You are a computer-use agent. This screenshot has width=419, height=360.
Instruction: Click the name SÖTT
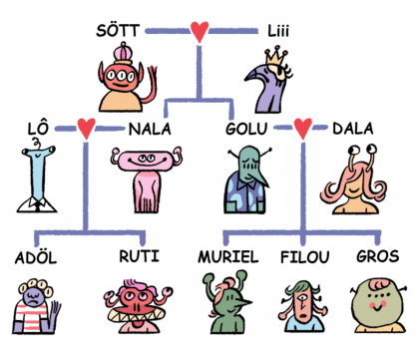(118, 30)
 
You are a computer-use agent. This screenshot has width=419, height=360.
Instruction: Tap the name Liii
(278, 31)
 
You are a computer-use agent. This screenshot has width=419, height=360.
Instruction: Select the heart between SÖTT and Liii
(200, 32)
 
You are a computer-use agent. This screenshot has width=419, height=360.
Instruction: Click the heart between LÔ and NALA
(87, 129)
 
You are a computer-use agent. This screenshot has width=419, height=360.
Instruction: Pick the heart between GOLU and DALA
(303, 129)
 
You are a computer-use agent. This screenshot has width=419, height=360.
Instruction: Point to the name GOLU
(246, 129)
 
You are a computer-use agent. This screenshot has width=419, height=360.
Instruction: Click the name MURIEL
(228, 257)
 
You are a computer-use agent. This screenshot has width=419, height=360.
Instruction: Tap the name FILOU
(305, 257)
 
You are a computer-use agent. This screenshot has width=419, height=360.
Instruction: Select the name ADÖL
(36, 257)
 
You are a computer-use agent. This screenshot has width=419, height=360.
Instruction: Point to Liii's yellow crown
(275, 57)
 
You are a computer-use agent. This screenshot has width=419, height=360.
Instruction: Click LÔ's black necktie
(38, 205)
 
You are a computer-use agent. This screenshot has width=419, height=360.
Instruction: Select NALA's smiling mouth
(148, 163)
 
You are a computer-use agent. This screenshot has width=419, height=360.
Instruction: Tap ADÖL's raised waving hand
(55, 315)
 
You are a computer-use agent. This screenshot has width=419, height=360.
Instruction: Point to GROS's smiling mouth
(377, 308)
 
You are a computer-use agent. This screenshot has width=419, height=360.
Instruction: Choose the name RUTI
(139, 256)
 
